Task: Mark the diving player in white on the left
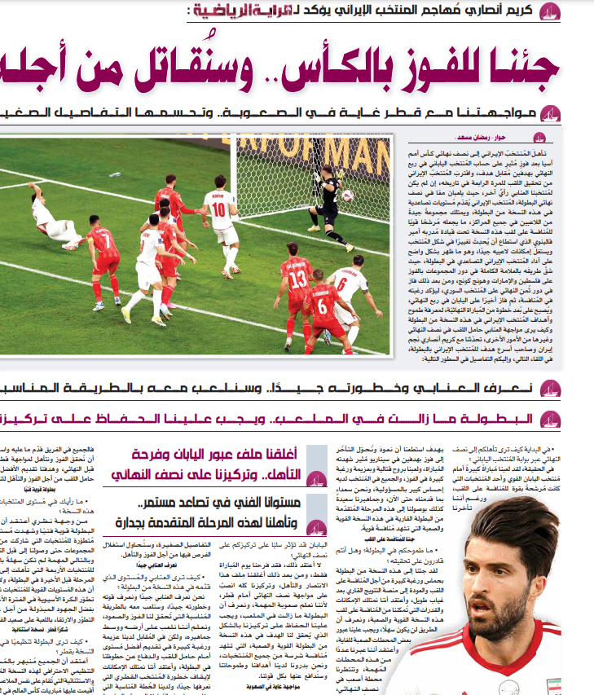51,218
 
